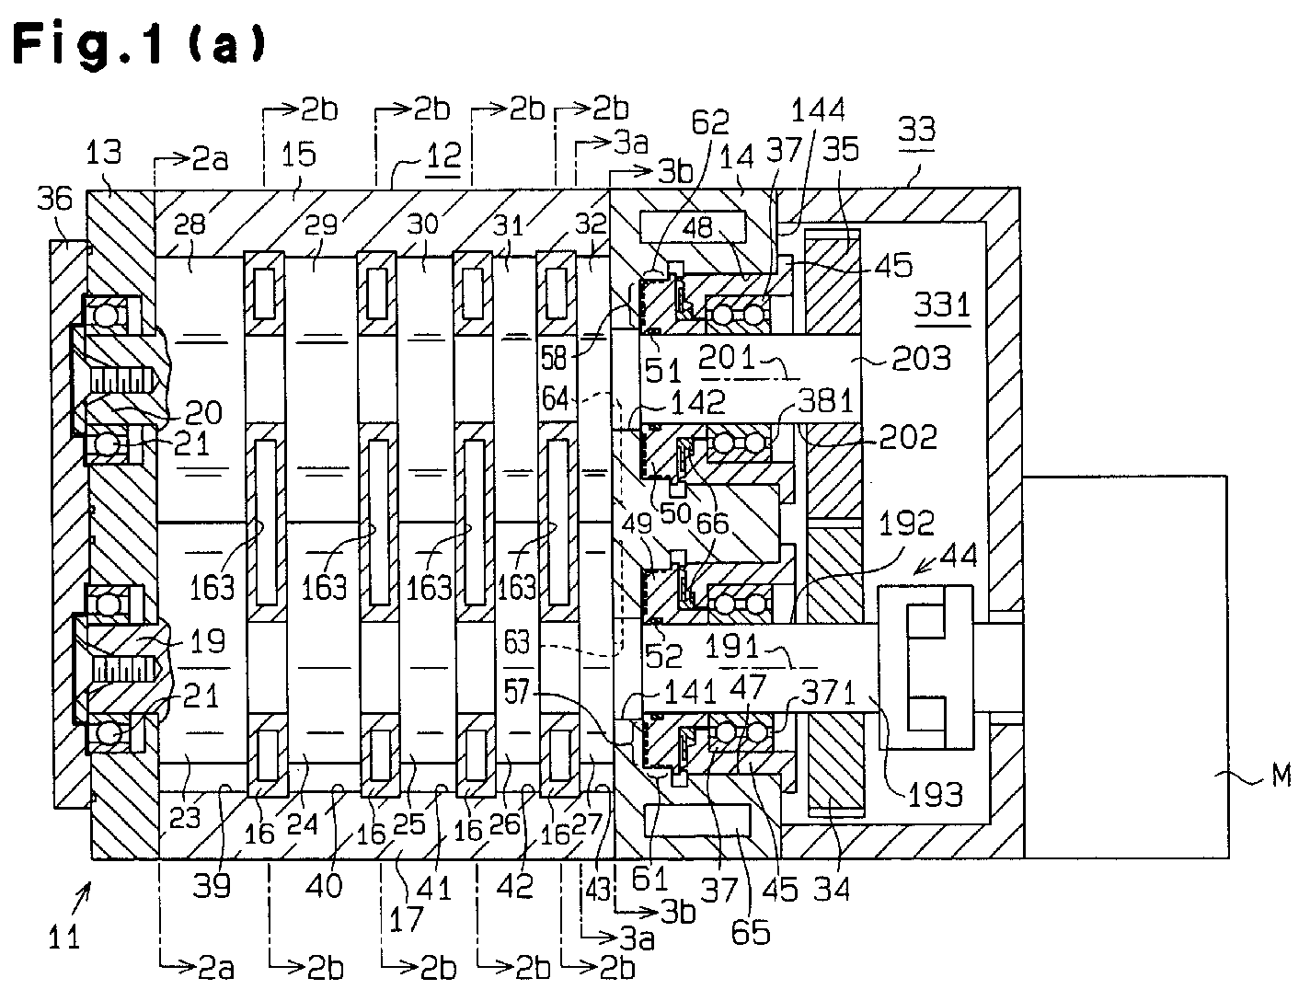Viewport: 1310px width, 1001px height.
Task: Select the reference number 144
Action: tap(818, 109)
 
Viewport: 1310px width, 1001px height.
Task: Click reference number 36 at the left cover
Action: tap(55, 198)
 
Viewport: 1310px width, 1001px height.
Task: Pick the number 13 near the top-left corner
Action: tap(103, 152)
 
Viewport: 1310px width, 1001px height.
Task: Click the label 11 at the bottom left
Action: tap(63, 938)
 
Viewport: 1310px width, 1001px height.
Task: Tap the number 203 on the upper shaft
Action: tap(921, 359)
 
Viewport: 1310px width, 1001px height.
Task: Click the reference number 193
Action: tap(936, 795)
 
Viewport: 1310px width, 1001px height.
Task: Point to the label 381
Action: tap(825, 400)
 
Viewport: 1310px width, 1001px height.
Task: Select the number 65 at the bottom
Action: tap(751, 932)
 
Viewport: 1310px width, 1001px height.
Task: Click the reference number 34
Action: tap(832, 889)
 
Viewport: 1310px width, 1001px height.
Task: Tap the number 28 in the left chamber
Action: tap(190, 224)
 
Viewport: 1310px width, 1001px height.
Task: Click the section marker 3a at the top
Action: tap(630, 144)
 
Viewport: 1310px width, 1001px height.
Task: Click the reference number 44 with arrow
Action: tap(958, 555)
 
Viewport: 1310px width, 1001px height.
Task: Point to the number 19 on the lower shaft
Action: tap(207, 641)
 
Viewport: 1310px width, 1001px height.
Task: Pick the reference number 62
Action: tap(710, 122)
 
